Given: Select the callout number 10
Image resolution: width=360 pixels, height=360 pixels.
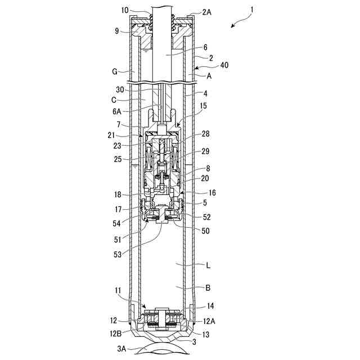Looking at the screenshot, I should click(x=124, y=10).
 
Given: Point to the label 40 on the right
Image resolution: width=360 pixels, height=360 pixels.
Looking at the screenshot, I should click(x=208, y=65).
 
